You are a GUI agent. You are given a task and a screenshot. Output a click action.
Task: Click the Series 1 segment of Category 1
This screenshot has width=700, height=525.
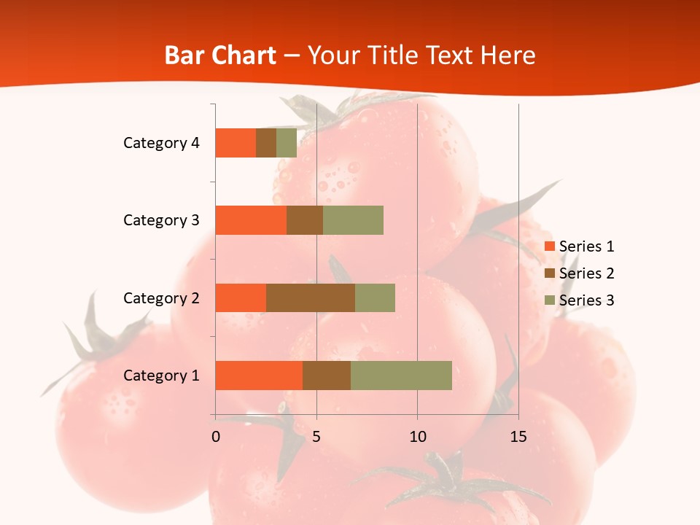259,376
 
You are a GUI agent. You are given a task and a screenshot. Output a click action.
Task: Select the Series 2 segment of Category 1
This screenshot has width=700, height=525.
327,376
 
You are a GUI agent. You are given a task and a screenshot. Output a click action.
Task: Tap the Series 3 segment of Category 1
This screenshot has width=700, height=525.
401,376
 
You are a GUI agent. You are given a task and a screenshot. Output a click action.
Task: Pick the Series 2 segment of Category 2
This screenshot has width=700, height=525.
311,297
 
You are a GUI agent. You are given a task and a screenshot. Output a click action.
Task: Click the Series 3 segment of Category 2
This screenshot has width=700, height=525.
375,297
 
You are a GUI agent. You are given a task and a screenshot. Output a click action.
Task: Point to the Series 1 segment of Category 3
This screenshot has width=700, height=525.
251,220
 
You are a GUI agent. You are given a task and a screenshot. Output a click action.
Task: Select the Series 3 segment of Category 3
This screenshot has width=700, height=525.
353,220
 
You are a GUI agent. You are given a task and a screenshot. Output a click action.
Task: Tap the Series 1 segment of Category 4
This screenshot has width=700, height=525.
236,143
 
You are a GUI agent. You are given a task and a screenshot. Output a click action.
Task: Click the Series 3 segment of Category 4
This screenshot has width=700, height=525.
287,143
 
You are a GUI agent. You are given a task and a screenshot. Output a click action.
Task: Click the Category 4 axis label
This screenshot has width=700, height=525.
161,143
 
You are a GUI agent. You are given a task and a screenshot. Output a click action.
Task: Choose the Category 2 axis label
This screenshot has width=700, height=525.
161,297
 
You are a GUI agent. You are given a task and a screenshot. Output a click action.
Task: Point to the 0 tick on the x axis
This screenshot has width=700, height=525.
216,437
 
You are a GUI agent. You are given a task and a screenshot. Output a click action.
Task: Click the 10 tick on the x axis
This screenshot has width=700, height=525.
417,437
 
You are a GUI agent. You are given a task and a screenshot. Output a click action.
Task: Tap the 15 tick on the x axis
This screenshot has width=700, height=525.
518,437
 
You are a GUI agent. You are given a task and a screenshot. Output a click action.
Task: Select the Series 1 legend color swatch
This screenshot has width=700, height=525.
550,246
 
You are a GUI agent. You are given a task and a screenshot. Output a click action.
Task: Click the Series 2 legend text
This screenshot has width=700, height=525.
586,273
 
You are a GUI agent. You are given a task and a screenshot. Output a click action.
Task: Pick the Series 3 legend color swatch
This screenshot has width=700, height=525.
550,300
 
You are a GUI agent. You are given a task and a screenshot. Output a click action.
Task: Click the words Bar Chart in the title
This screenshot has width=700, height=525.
220,55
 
